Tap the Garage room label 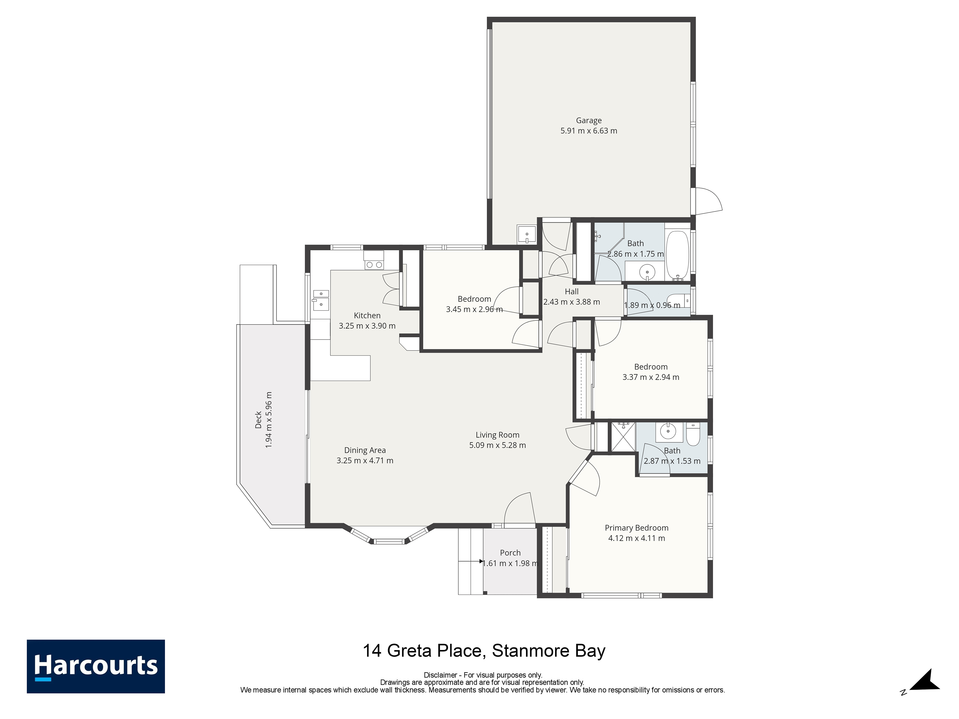[x=589, y=121]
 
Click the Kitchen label [x=367, y=316]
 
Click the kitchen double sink [x=321, y=300]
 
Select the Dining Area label [x=365, y=450]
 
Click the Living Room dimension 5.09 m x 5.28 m [x=498, y=445]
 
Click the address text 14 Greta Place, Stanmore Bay [x=484, y=651]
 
